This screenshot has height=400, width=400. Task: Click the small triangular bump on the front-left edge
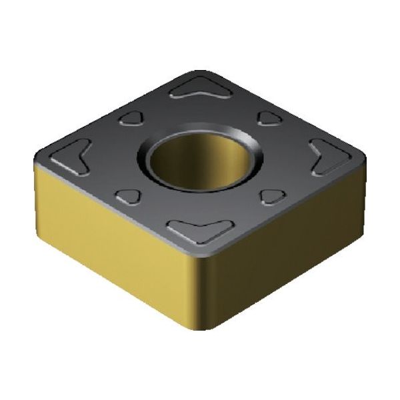pos(128,195)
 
